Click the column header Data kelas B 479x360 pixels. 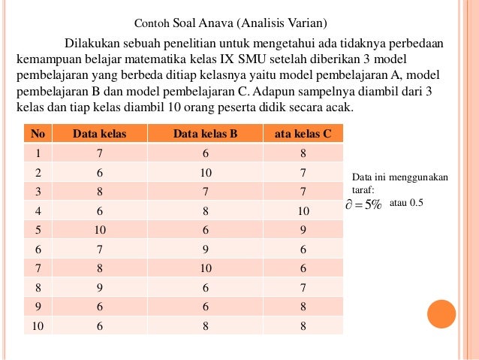pyautogui.click(x=205, y=135)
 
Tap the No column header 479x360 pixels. pyautogui.click(x=38, y=135)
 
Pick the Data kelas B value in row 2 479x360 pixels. pyautogui.click(x=205, y=173)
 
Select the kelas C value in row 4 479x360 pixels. pyautogui.click(x=303, y=211)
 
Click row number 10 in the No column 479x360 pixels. pyautogui.click(x=38, y=326)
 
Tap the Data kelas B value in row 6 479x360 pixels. pyautogui.click(x=205, y=250)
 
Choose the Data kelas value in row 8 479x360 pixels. pyautogui.click(x=99, y=288)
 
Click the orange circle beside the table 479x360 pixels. pyautogui.click(x=441, y=314)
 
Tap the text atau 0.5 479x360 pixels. pyautogui.click(x=407, y=203)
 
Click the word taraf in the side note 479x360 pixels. pyautogui.click(x=363, y=190)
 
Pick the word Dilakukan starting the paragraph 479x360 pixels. pyautogui.click(x=95, y=42)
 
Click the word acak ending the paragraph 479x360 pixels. pyautogui.click(x=337, y=108)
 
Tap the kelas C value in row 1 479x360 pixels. pyautogui.click(x=303, y=153)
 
